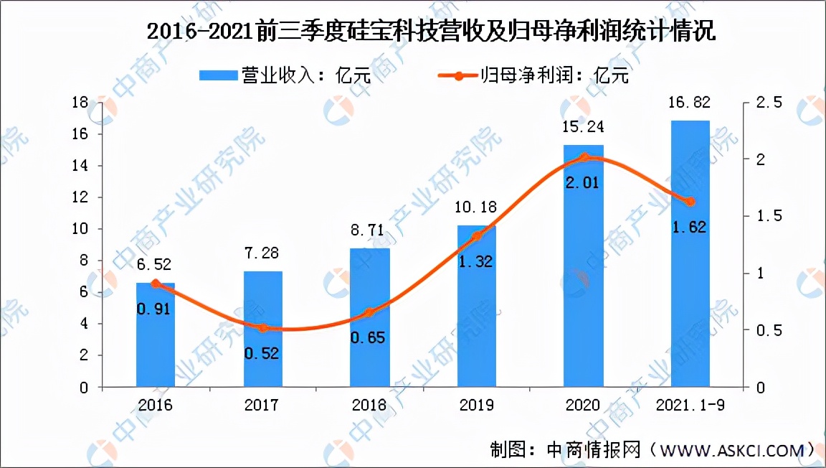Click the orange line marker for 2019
pyautogui.click(x=476, y=236)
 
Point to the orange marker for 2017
pyautogui.click(x=262, y=328)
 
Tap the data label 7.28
pyautogui.click(x=262, y=254)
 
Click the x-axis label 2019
pyautogui.click(x=476, y=406)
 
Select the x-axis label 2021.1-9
pyautogui.click(x=690, y=406)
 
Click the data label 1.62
pyautogui.click(x=689, y=228)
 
